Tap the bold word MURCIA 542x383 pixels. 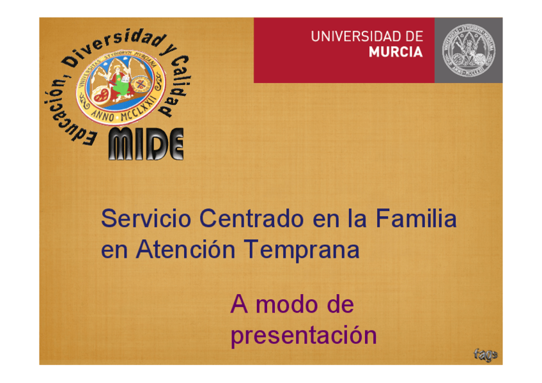pos(396,52)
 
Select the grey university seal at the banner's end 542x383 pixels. pos(468,51)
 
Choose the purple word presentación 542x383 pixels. pos(304,336)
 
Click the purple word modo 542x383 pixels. pos(283,304)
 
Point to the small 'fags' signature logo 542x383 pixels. pos(485,354)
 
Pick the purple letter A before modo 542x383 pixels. pos(238,304)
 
